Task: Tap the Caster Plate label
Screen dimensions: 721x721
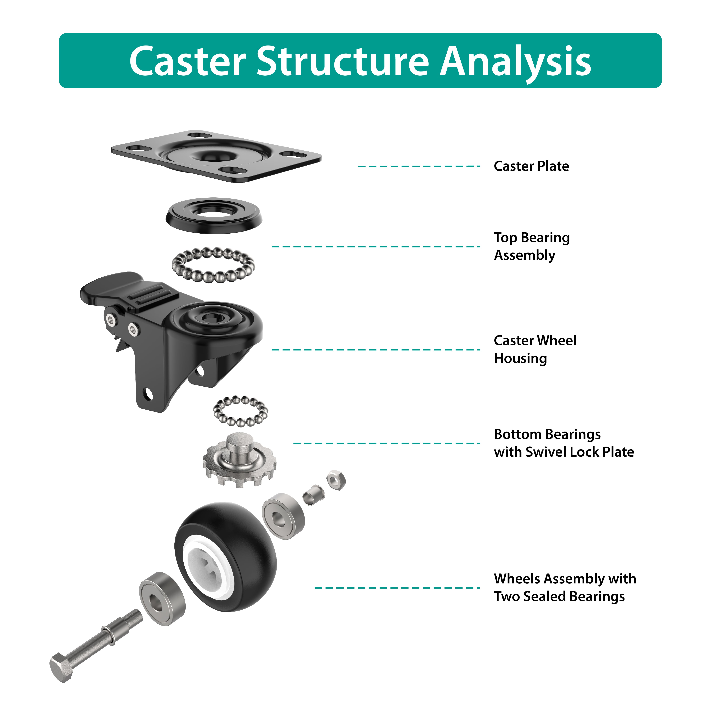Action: [x=531, y=166]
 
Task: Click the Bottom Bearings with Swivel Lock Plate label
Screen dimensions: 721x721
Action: [x=564, y=443]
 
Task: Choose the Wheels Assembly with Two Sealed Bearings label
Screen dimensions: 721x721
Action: [x=565, y=587]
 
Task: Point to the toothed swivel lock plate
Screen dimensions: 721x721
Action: [x=240, y=463]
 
